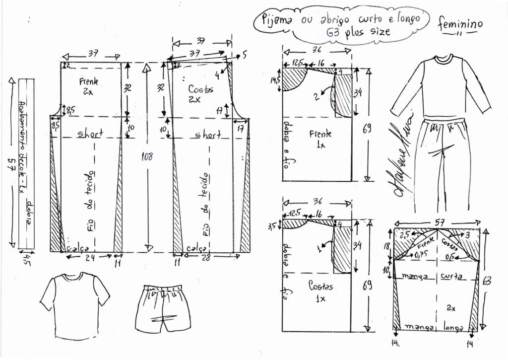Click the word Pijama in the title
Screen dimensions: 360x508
coord(278,20)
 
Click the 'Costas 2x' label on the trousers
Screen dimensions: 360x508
coord(201,93)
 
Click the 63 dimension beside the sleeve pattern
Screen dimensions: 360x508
coord(487,281)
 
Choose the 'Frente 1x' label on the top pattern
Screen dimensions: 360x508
coord(319,138)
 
